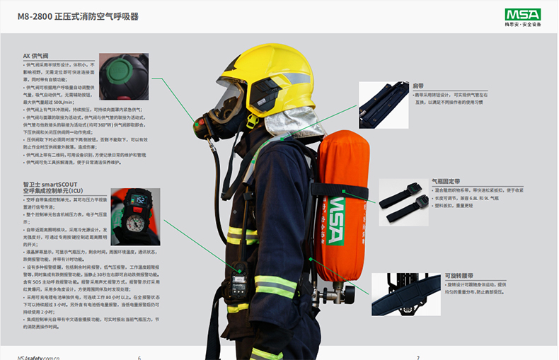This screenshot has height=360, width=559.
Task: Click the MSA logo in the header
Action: tap(521, 15)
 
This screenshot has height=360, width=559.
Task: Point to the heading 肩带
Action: tap(418, 86)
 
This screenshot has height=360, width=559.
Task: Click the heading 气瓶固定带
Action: tap(445, 181)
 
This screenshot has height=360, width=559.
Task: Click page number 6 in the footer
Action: tap(139, 356)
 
